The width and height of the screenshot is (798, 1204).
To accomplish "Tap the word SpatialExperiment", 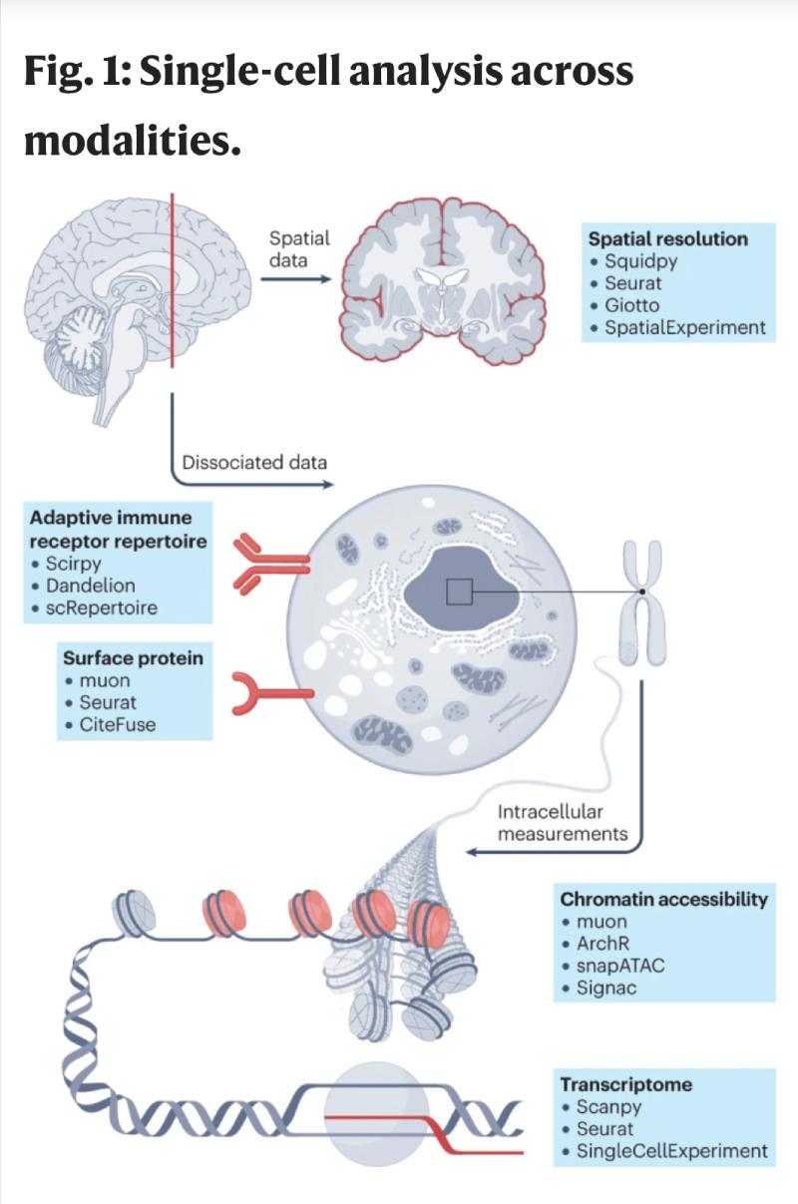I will pyautogui.click(x=685, y=327).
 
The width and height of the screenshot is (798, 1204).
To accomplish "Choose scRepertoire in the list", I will pyautogui.click(x=101, y=607).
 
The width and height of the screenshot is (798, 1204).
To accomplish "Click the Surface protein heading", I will pyautogui.click(x=133, y=658).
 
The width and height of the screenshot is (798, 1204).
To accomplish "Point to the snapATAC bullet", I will pyautogui.click(x=620, y=966).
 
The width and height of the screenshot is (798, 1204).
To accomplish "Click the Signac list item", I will pyautogui.click(x=605, y=988).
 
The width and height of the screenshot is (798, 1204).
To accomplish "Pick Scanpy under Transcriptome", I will pyautogui.click(x=608, y=1106).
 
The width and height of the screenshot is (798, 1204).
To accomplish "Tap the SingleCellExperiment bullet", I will pyautogui.click(x=671, y=1151).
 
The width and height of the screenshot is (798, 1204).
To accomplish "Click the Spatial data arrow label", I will pyautogui.click(x=298, y=249).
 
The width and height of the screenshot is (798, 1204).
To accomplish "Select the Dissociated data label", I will pyautogui.click(x=254, y=463).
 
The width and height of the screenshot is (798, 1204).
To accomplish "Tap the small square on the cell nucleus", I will pyautogui.click(x=459, y=592).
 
